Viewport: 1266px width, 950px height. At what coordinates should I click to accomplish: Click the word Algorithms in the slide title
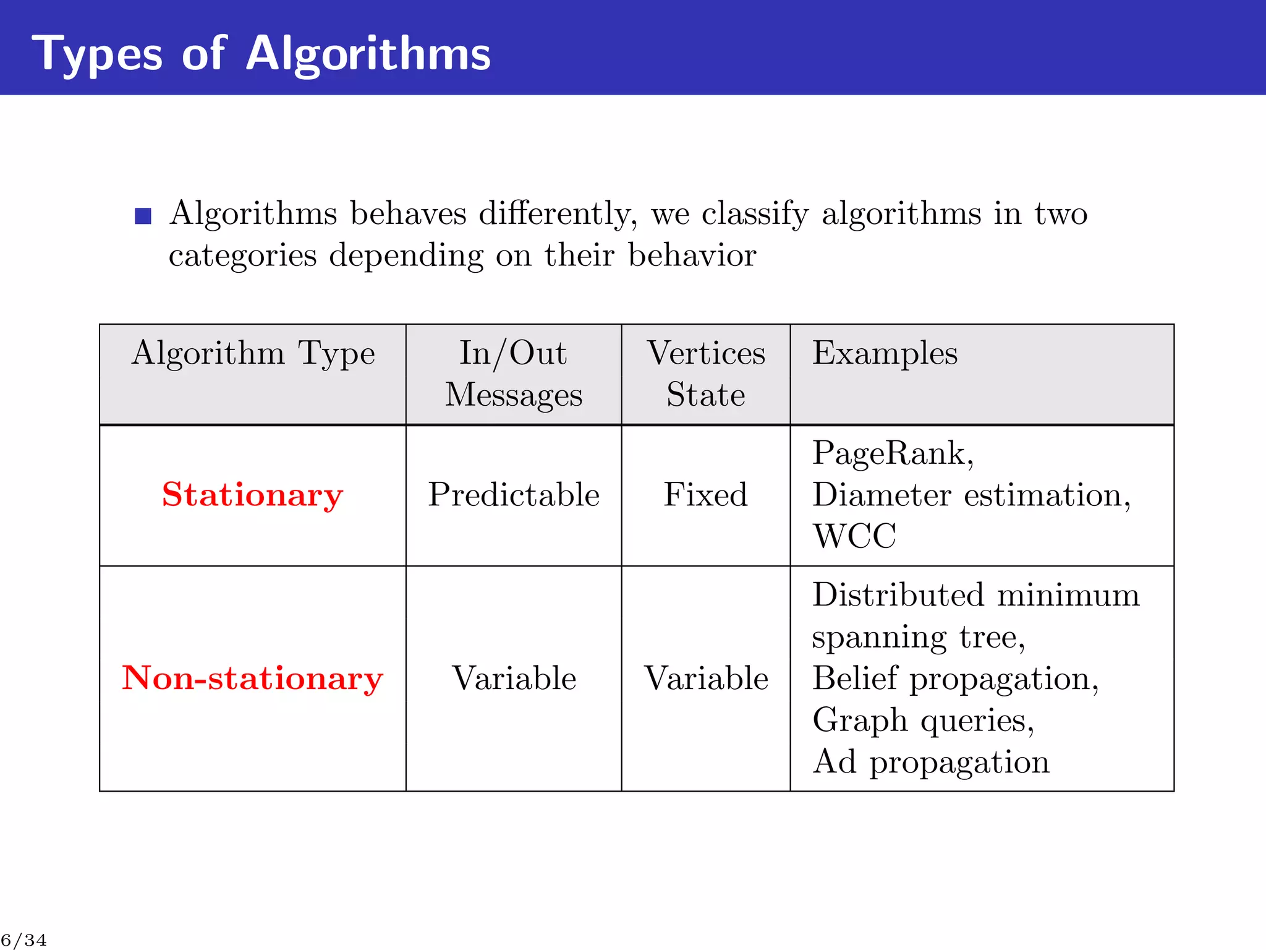pos(368,54)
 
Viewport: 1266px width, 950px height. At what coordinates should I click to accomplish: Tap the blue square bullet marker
pos(143,216)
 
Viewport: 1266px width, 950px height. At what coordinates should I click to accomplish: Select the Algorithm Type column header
pos(253,354)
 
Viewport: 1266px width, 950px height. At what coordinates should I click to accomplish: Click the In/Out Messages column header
pos(513,374)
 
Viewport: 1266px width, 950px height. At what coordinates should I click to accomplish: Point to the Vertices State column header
pos(705,374)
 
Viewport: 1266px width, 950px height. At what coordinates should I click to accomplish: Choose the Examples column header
pos(885,354)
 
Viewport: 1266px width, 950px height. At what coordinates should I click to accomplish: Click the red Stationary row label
pos(252,495)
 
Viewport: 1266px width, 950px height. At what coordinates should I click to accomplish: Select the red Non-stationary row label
pos(252,678)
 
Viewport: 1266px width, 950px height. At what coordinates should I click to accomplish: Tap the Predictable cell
pos(514,495)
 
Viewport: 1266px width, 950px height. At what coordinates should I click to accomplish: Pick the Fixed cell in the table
pos(705,495)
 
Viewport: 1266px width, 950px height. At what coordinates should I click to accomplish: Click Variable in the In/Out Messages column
pos(514,678)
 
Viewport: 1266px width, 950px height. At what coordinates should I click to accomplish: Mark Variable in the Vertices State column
pos(706,678)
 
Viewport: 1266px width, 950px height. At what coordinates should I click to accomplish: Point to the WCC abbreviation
pos(854,536)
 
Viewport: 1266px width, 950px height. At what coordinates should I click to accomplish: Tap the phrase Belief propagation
pos(954,678)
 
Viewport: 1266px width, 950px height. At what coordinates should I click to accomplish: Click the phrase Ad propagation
pos(930,762)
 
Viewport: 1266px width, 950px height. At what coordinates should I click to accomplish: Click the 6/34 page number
pos(23,941)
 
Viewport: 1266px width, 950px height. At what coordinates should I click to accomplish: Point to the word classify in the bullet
pos(755,214)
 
